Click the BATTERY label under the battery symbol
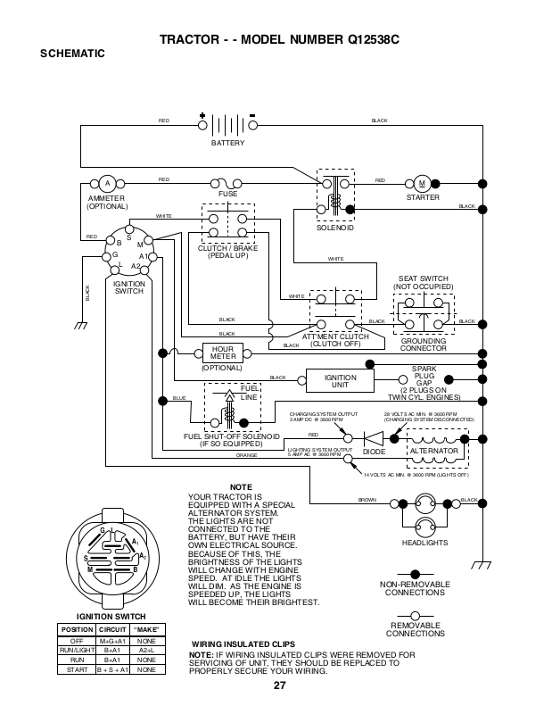point(227,143)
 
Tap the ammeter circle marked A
point(106,181)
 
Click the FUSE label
point(227,194)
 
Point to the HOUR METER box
point(223,353)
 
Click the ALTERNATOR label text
point(433,452)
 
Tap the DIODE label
point(375,452)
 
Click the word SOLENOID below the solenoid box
point(335,228)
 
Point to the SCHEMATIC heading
point(73,54)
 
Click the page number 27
point(279,685)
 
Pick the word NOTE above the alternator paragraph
point(241,486)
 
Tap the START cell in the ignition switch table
point(76,668)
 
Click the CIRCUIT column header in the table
point(112,629)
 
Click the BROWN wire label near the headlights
point(367,499)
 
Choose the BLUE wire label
point(179,397)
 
